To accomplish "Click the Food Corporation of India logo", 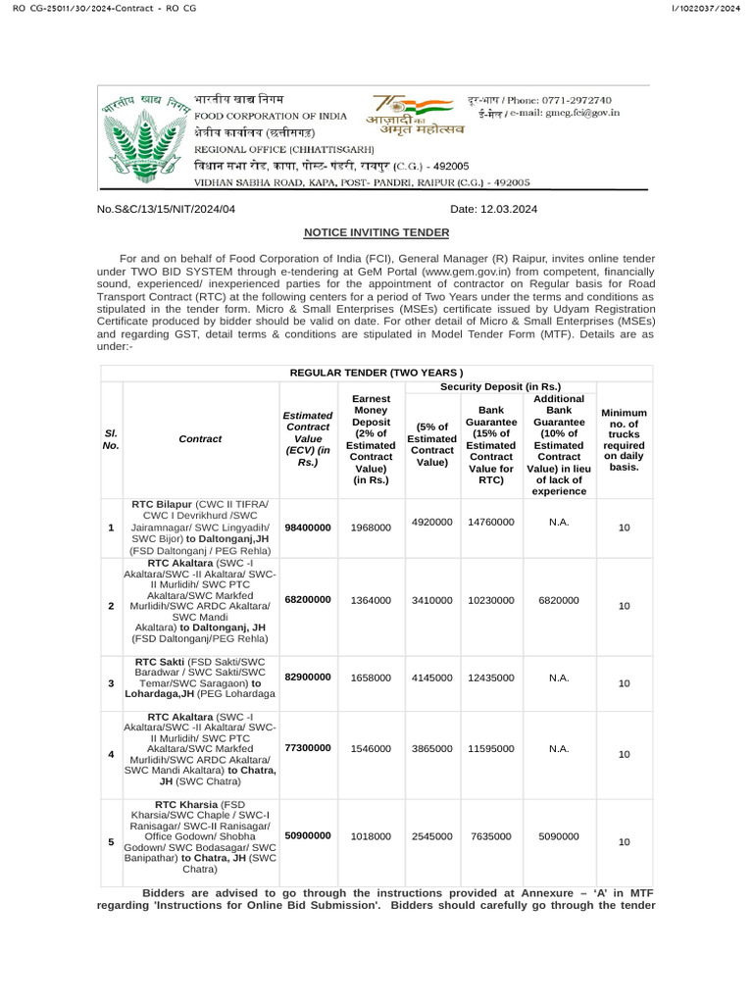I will [142, 136].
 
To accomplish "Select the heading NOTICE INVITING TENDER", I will [376, 232].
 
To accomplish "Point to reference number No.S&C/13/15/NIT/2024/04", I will [167, 209].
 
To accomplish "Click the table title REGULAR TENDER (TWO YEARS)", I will [376, 373].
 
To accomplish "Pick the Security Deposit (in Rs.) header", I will [500, 386].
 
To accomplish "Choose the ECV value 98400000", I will [308, 527].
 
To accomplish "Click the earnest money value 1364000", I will [371, 600].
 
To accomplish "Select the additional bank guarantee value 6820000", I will [559, 600].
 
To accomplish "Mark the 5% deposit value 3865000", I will [431, 748].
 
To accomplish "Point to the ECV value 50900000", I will [308, 836].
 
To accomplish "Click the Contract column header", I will [201, 439].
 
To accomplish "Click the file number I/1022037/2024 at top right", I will [705, 9].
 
